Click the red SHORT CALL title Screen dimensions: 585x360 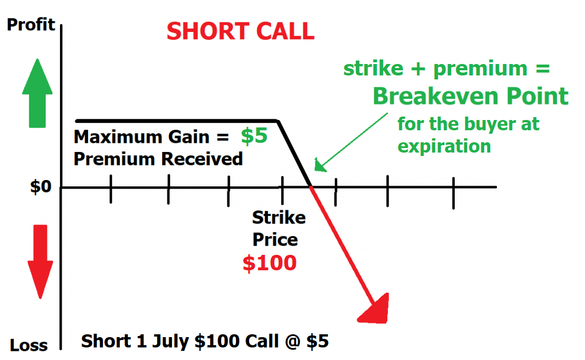tap(241, 31)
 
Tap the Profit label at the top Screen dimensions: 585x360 tap(31, 25)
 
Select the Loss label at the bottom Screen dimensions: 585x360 tap(29, 345)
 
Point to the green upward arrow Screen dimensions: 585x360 tap(37, 93)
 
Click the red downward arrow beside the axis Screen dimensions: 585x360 tap(41, 262)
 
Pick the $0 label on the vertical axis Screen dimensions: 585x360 tap(41, 186)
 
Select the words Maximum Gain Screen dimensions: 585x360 tap(142, 137)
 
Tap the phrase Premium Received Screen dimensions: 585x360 tap(158, 159)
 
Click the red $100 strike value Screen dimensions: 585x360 tap(270, 263)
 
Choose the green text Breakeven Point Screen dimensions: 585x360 tap(471, 96)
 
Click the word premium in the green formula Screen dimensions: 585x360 tap(480, 69)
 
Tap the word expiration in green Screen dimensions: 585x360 tap(444, 146)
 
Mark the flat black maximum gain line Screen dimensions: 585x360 tap(177, 121)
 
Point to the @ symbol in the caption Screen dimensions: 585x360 tap(292, 342)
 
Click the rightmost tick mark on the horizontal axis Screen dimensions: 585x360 tap(453, 193)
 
